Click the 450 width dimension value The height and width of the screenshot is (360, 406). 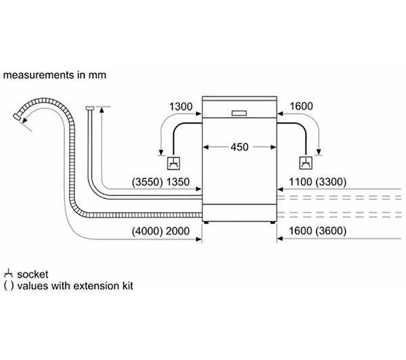[x=240, y=147]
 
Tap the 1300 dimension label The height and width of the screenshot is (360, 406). [x=181, y=106]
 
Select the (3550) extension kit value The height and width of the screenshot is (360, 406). [x=148, y=182]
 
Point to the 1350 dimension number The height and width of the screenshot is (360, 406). [x=177, y=182]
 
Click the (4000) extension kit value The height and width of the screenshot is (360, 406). [x=148, y=231]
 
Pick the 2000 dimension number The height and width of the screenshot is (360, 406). [x=177, y=231]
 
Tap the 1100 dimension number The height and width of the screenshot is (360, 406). [x=300, y=182]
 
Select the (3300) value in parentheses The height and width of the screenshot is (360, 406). [x=331, y=182]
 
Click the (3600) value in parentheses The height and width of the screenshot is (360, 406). [x=331, y=231]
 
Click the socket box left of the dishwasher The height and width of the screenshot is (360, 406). [x=174, y=163]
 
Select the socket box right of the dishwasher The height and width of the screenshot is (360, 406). [x=306, y=163]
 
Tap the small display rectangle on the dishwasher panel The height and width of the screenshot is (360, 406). [x=239, y=113]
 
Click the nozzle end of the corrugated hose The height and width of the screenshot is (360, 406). [x=17, y=116]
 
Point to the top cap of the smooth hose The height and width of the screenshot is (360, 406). [x=90, y=108]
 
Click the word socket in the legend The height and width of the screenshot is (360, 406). [x=32, y=275]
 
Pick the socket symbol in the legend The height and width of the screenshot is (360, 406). [x=9, y=273]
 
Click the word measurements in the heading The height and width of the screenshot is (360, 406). [x=39, y=75]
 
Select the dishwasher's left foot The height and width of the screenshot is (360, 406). [x=206, y=223]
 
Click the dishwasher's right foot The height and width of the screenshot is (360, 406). [x=273, y=223]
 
